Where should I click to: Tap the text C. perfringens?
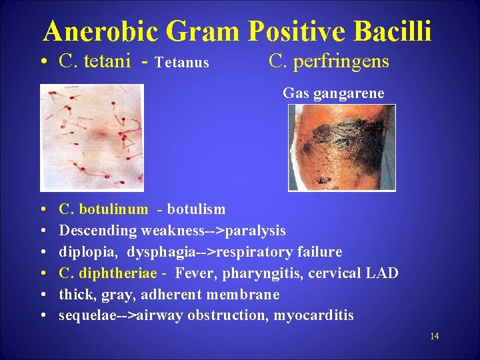tap(329, 62)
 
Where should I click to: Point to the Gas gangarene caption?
tap(333, 93)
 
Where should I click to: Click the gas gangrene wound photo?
tap(341, 147)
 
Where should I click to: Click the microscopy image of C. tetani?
tap(91, 138)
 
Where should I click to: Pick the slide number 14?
tap(434, 336)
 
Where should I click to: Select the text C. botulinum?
tap(103, 209)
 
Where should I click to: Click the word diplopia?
tap(84, 252)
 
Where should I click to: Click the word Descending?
tap(98, 231)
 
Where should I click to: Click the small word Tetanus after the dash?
tap(181, 63)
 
